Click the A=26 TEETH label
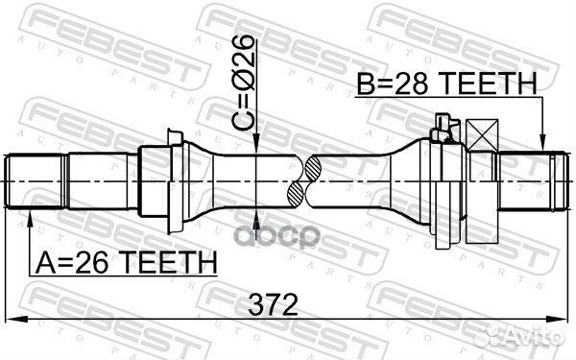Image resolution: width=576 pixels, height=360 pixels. point(126,262)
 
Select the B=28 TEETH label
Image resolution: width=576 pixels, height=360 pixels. point(447,84)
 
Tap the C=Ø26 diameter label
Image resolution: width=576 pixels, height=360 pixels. point(243,83)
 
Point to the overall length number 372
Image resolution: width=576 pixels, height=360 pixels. point(273,304)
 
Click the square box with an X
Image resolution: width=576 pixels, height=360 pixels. point(482,134)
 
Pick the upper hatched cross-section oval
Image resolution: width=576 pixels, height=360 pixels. point(313,168)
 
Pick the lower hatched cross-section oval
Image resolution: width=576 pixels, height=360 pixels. point(296,195)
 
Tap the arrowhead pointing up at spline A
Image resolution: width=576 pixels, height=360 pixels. point(30,219)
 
